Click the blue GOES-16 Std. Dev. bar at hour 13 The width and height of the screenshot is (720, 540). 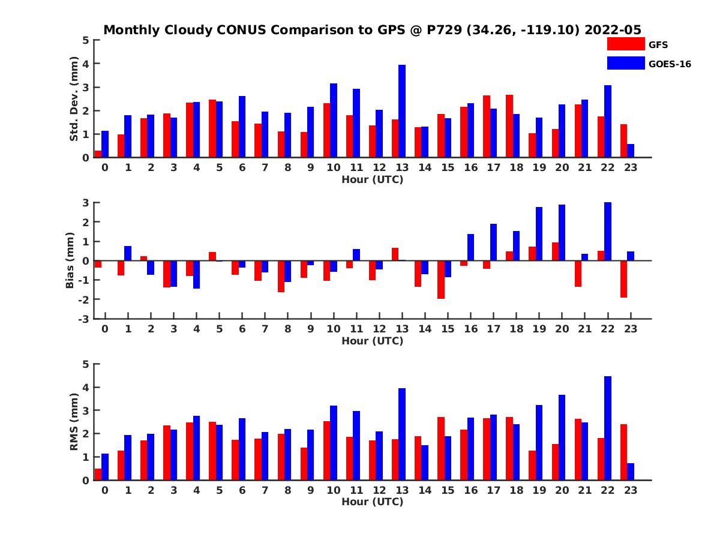[x=402, y=111]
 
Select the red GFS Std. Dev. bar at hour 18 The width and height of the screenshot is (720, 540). [x=509, y=126]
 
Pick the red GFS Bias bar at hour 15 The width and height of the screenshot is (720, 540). [x=440, y=280]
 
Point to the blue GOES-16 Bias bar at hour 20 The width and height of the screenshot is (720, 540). [x=562, y=233]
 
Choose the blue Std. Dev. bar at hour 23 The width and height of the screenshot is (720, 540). [x=631, y=151]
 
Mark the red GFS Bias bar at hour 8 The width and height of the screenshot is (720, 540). [x=281, y=276]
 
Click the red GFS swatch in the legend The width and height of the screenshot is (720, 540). [x=625, y=44]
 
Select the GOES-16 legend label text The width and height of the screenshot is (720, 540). [x=670, y=64]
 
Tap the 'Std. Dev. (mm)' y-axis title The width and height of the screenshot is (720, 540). [x=74, y=98]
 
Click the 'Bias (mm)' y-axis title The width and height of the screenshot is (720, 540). [x=70, y=260]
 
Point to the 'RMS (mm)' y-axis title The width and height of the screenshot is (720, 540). [x=74, y=422]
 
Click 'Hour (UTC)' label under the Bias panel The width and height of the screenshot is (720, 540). [x=372, y=341]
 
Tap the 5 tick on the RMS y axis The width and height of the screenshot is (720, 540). [x=86, y=364]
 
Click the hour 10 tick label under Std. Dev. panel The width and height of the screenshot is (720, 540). [x=334, y=167]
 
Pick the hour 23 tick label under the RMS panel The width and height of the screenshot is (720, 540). [x=630, y=490]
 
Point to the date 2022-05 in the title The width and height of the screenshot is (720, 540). [x=612, y=30]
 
